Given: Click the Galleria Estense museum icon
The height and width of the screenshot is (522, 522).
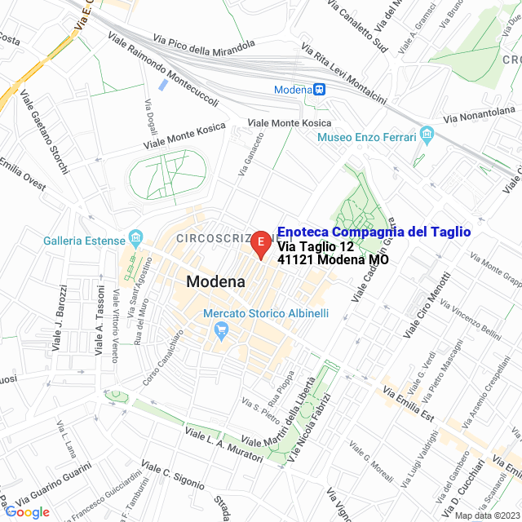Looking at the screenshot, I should (x=136, y=240).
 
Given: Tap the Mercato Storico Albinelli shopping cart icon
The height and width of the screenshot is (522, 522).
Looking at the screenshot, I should (x=219, y=330).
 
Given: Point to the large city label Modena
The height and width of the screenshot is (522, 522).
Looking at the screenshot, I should (x=215, y=282).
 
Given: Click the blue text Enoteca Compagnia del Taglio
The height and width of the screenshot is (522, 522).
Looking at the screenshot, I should (x=374, y=232).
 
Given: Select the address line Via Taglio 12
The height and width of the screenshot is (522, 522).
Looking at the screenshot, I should (x=316, y=247).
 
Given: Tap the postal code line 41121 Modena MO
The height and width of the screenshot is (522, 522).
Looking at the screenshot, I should (x=332, y=261).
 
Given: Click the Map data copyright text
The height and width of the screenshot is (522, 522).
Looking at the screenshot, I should (x=486, y=515).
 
